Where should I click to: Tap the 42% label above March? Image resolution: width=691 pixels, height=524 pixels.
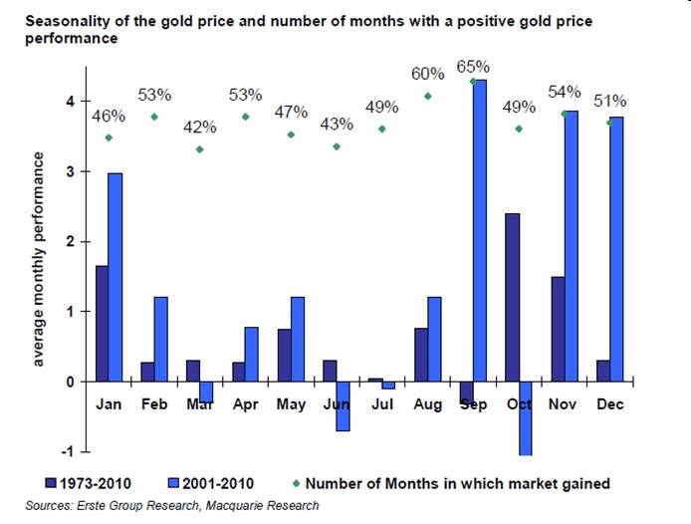(x=199, y=128)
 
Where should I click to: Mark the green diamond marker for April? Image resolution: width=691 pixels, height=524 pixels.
(x=245, y=117)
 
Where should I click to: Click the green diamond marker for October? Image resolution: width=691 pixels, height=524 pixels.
(x=519, y=129)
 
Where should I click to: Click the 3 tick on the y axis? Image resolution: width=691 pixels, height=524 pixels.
(x=71, y=171)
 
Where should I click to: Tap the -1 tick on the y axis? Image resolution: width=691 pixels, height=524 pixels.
(x=69, y=451)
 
